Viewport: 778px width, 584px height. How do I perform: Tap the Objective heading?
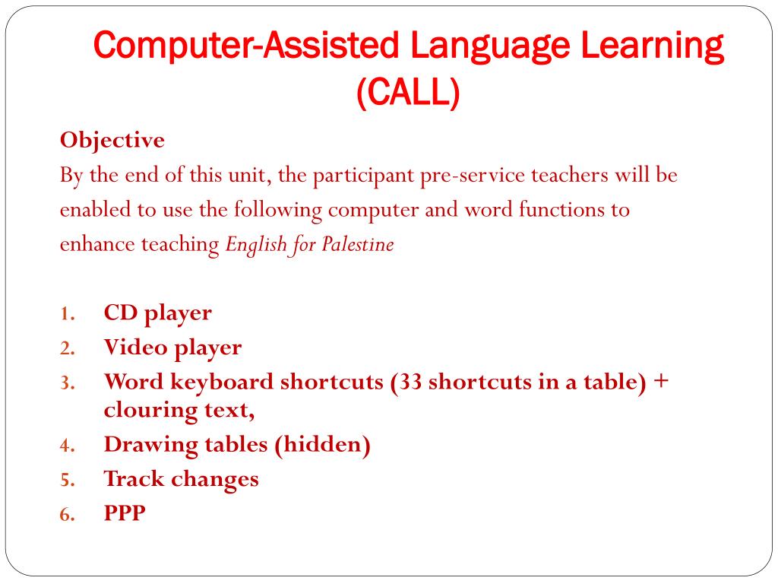click(x=112, y=141)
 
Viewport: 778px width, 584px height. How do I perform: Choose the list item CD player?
click(x=158, y=313)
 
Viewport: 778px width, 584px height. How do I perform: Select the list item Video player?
click(x=173, y=348)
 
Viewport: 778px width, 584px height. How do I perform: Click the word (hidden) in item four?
click(x=323, y=444)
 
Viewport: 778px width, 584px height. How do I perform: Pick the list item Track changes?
click(x=182, y=479)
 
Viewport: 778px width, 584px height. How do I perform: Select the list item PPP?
click(x=125, y=514)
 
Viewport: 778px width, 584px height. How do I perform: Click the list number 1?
click(x=67, y=314)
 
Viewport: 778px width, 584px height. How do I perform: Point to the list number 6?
click(x=67, y=516)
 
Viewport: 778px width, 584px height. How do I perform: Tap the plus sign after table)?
click(x=660, y=381)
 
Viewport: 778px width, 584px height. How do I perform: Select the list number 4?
click(x=67, y=446)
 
